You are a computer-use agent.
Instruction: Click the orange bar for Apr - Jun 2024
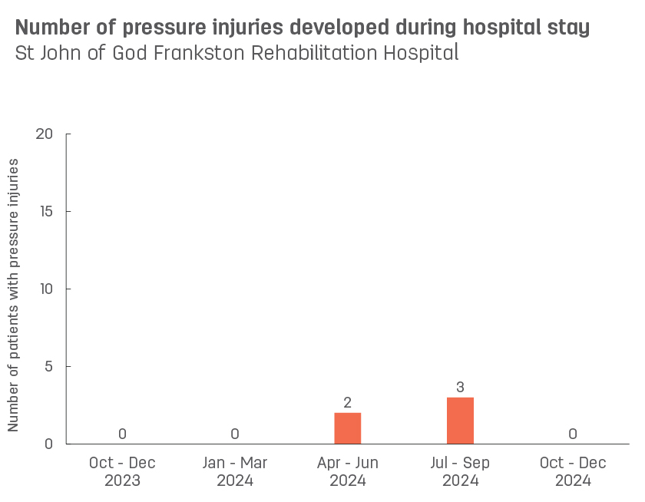347,428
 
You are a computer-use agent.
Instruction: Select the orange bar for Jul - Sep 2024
460,421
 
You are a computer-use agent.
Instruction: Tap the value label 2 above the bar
347,403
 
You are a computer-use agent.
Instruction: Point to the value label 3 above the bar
460,387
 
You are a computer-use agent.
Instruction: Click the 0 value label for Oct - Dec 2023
122,434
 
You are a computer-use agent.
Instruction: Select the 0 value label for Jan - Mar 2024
235,434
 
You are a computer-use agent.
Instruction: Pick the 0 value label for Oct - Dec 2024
573,434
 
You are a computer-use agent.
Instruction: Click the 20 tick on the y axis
45,134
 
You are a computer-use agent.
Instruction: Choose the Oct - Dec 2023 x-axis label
122,472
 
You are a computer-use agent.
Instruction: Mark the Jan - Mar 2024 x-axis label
235,472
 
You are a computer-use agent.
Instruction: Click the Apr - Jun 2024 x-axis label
347,472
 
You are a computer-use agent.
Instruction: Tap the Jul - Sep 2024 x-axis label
460,472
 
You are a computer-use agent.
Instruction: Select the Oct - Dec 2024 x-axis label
573,472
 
